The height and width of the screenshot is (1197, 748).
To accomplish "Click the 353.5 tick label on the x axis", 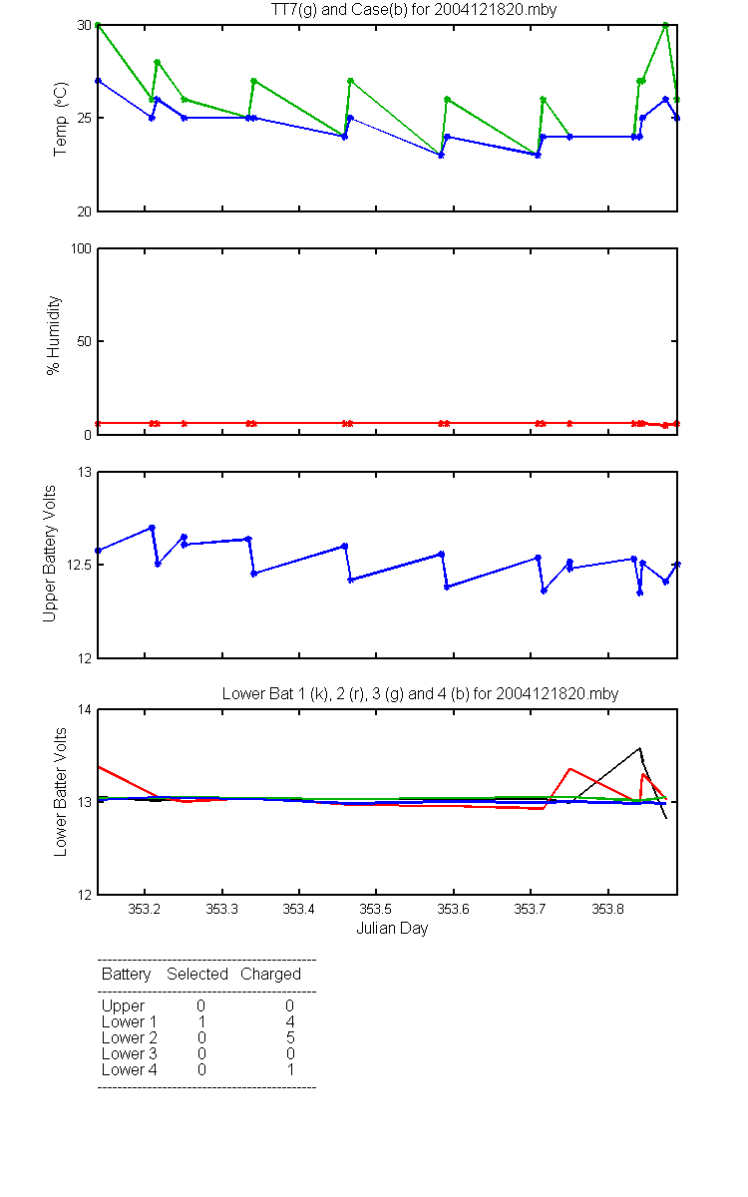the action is (x=376, y=909).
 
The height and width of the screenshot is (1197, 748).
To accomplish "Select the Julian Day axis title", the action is (x=392, y=929).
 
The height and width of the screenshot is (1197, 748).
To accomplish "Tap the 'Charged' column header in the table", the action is (x=270, y=975).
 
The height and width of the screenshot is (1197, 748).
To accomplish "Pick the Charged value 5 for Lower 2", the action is (x=290, y=1037).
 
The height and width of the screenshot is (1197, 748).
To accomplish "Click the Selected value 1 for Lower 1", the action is (x=201, y=1021).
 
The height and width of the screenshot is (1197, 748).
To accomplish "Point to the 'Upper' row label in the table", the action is (x=123, y=1006).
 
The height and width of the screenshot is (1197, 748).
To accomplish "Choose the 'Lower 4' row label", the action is (x=130, y=1069).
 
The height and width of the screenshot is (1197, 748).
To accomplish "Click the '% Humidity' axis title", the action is (x=53, y=335).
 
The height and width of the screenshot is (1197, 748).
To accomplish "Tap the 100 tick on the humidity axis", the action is (x=81, y=248).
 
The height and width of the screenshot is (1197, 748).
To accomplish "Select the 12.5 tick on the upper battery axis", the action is (x=79, y=565).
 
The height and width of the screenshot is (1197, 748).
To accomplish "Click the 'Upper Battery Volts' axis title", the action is (x=49, y=554).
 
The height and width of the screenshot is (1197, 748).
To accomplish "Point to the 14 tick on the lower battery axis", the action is (x=85, y=709).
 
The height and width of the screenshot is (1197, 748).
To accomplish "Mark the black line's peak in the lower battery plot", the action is (x=639, y=748).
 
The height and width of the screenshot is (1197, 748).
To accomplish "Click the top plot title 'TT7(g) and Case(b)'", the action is (x=339, y=10).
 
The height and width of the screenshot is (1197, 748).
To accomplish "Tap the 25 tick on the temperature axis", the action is (x=85, y=118).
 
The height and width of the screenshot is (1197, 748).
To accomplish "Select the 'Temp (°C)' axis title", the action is (x=61, y=119).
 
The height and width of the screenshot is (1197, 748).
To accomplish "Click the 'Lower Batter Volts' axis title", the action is (x=60, y=792).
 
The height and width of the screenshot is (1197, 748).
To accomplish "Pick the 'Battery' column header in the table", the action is (x=126, y=975).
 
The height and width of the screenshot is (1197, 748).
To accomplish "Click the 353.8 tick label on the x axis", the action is (x=607, y=909).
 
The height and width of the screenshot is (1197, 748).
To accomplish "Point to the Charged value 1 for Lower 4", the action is (x=290, y=1069).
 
